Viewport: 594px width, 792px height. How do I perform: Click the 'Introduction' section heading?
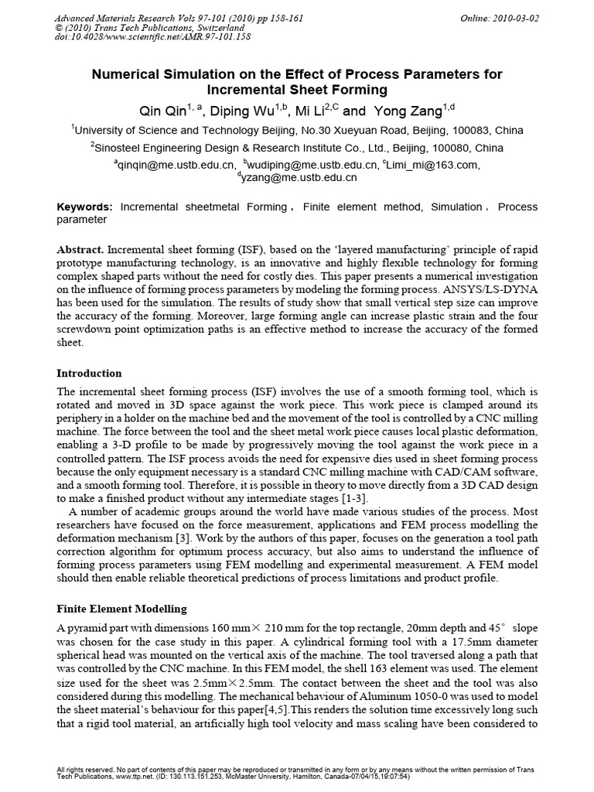coord(90,373)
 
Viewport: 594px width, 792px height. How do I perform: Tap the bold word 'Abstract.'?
coord(81,251)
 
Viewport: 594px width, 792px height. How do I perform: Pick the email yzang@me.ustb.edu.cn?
coord(299,178)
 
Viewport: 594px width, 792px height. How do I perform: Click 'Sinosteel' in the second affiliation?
coord(121,148)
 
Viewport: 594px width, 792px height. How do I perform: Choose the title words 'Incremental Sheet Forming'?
coord(297,89)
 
